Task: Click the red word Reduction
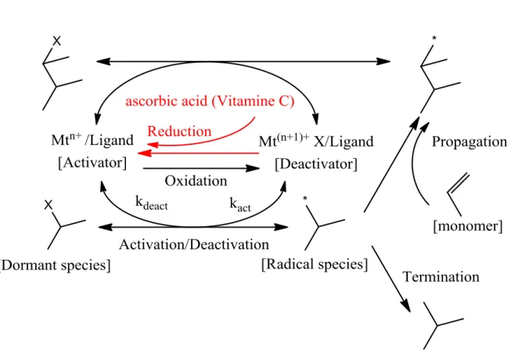pyautogui.click(x=179, y=131)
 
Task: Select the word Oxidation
pyautogui.click(x=196, y=181)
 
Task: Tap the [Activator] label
pyautogui.click(x=92, y=163)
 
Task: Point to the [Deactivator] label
pyautogui.click(x=316, y=164)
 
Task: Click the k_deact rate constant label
pyautogui.click(x=152, y=203)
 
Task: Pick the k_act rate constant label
pyautogui.click(x=240, y=204)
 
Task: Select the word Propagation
pyautogui.click(x=470, y=142)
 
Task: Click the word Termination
pyautogui.click(x=441, y=276)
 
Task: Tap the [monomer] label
pyautogui.click(x=468, y=225)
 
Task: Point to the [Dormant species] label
pyautogui.click(x=55, y=265)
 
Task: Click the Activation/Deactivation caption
pyautogui.click(x=194, y=244)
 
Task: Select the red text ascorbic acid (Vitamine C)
pyautogui.click(x=210, y=101)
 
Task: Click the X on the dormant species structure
pyautogui.click(x=49, y=205)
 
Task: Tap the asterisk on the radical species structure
pyautogui.click(x=305, y=199)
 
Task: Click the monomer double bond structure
pyautogui.click(x=457, y=195)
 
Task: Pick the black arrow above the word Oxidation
pyautogui.click(x=201, y=168)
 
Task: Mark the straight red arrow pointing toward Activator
pyautogui.click(x=198, y=153)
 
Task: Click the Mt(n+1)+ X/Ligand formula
pyautogui.click(x=316, y=142)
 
